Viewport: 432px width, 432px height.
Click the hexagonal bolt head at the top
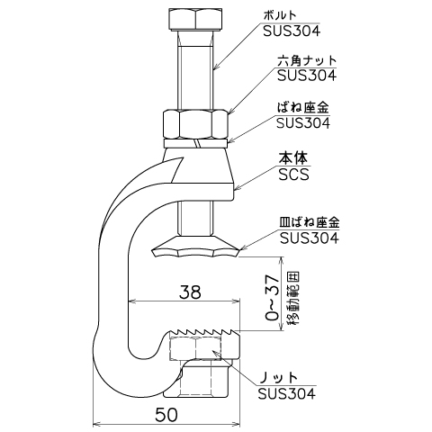pyautogui.click(x=196, y=20)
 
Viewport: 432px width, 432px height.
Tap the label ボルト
pyautogui.click(x=280, y=15)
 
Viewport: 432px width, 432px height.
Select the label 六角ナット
pyautogui.click(x=307, y=60)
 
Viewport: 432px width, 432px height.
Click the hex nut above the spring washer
pyautogui.click(x=195, y=124)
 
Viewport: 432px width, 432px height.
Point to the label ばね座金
pyautogui.click(x=302, y=107)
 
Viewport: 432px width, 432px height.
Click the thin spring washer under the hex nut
pyautogui.click(x=195, y=143)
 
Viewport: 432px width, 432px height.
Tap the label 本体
pyautogui.click(x=293, y=158)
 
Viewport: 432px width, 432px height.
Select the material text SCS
pyautogui.click(x=293, y=175)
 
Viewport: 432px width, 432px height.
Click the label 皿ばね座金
pyautogui.click(x=310, y=222)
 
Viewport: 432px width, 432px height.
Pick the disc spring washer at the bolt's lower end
pyautogui.click(x=195, y=247)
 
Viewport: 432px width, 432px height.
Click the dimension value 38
pyautogui.click(x=190, y=292)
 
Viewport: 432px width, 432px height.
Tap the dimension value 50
pyautogui.click(x=166, y=415)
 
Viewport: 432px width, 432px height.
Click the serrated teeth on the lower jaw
pyautogui.click(x=204, y=332)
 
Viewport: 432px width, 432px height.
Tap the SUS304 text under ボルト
pyautogui.click(x=292, y=31)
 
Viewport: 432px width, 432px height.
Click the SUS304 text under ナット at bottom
pyautogui.click(x=287, y=393)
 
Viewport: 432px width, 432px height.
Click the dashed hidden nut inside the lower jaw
pyautogui.click(x=197, y=347)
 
